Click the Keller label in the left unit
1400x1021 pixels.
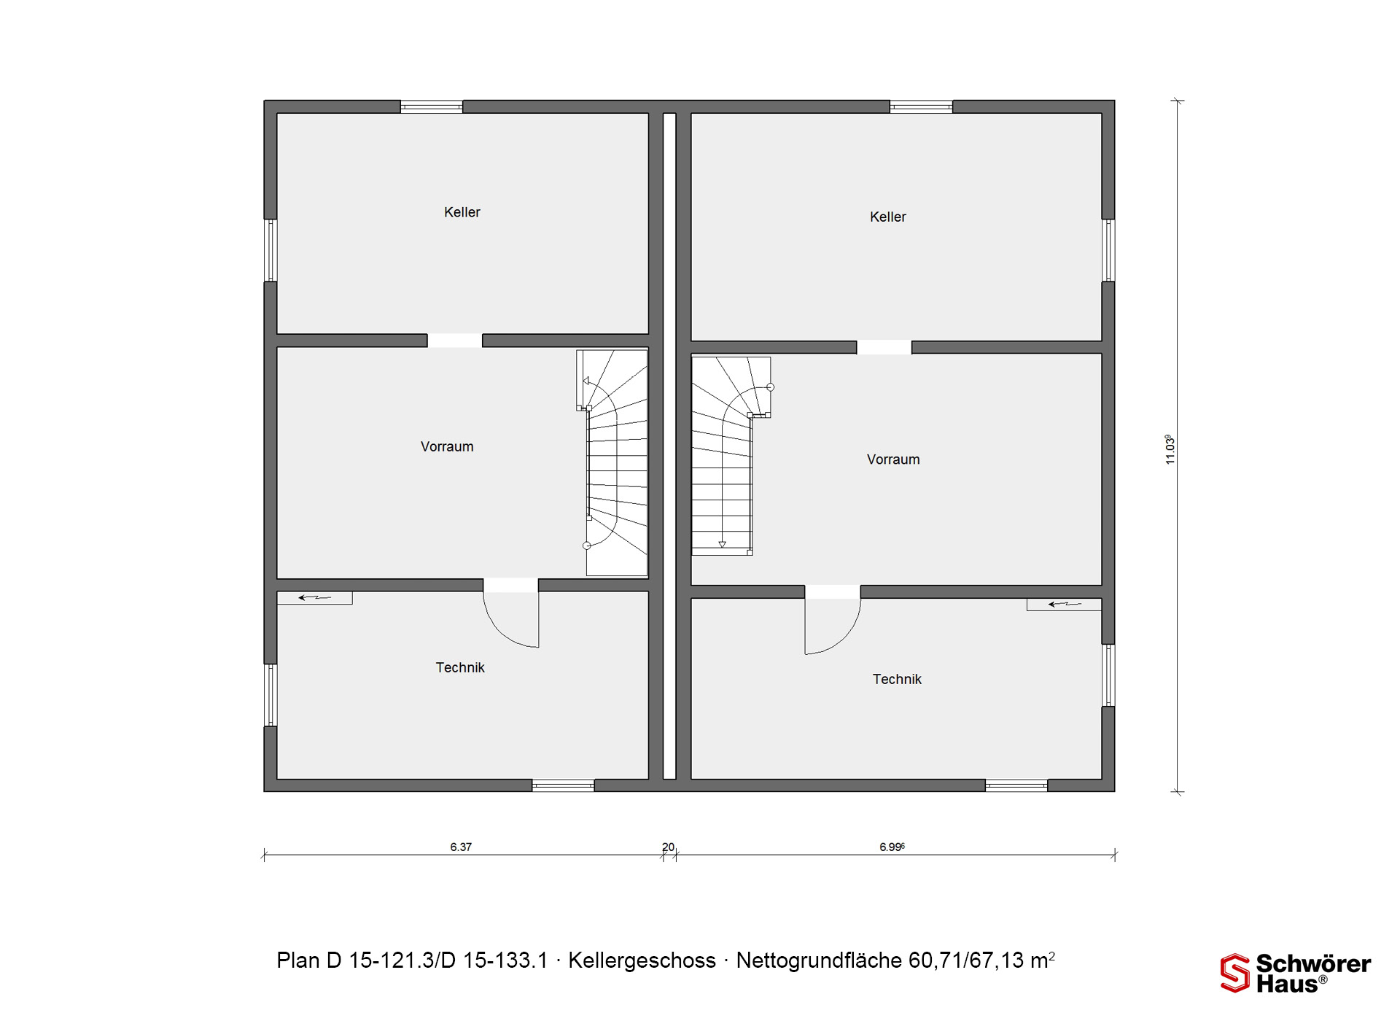[462, 212]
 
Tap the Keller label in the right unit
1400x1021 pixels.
[888, 217]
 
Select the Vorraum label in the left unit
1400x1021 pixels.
[447, 446]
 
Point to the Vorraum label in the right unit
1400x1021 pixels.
[893, 459]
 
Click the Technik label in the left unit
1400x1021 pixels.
[460, 667]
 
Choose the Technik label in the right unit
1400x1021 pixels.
[897, 679]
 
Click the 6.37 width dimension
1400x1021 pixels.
[461, 847]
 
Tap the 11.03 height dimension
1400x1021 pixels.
[1170, 449]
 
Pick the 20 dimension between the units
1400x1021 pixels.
[668, 847]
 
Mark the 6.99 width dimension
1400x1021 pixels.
[892, 847]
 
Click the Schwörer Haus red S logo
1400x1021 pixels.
[1235, 973]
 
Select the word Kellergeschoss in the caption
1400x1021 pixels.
[642, 960]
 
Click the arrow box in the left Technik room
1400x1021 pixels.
[315, 598]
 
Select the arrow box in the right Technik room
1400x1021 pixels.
[1064, 604]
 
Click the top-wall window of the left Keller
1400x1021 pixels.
[432, 107]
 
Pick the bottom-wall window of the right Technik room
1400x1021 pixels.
[1016, 785]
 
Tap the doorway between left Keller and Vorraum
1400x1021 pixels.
[454, 341]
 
